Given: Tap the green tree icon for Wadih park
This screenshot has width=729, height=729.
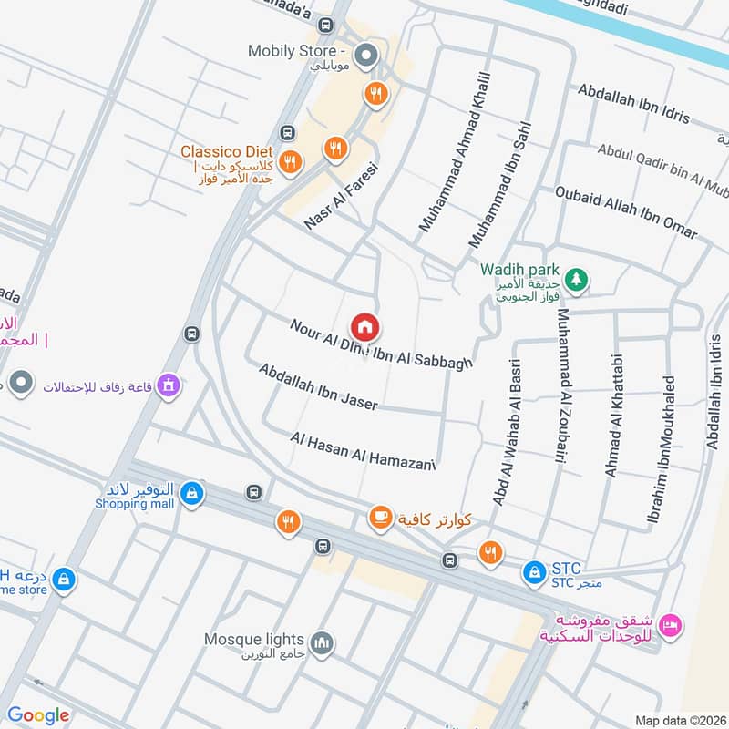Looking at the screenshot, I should [x=575, y=277].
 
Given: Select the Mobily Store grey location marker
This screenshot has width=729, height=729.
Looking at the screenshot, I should [x=366, y=57].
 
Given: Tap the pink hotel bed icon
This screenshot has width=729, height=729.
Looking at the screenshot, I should [x=670, y=625].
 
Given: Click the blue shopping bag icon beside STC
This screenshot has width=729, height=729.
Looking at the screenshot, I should [x=533, y=572].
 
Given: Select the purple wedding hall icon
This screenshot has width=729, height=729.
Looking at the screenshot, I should [x=168, y=386].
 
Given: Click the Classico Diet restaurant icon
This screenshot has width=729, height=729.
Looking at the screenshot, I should [x=291, y=162].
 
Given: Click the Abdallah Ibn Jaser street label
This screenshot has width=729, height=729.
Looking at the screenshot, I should [x=317, y=386].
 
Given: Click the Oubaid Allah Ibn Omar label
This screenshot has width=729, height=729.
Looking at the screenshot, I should [x=626, y=212].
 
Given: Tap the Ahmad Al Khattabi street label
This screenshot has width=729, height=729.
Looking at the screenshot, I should [x=612, y=416].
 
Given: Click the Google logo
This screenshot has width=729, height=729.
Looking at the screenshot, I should [x=38, y=715].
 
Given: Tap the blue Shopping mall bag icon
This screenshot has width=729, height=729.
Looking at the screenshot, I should [x=190, y=495].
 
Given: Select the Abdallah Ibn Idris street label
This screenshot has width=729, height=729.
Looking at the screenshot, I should [x=633, y=106].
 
